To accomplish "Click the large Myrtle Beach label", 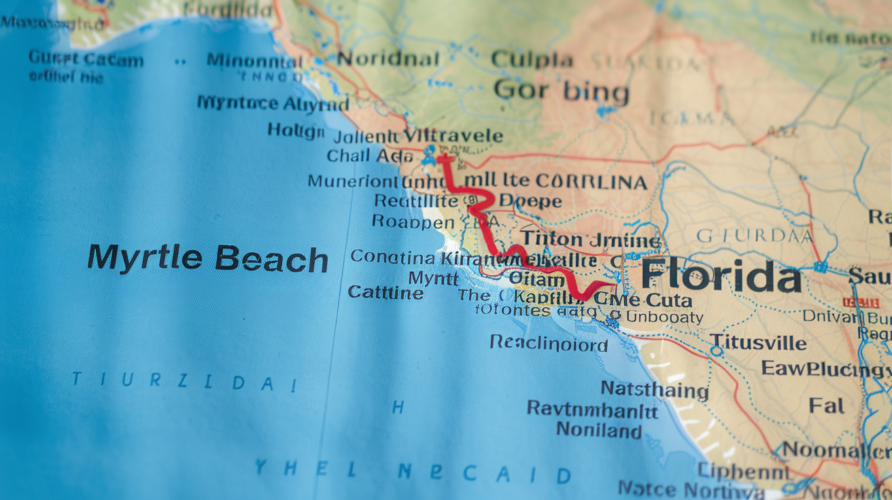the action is [x=207, y=259].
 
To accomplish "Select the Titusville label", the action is [x=757, y=343].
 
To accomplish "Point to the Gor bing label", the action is [x=561, y=90].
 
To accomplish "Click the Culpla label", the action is [x=532, y=60].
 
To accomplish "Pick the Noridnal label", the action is [x=388, y=59].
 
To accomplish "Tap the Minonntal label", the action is [x=255, y=60].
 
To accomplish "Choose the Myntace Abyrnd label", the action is [x=273, y=103].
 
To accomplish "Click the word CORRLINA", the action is [x=591, y=182].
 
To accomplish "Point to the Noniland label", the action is [x=598, y=430].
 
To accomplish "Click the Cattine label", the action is [x=385, y=292].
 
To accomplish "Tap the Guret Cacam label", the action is [x=86, y=59].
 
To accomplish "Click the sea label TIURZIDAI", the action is [x=184, y=381].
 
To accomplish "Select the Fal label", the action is [x=826, y=406].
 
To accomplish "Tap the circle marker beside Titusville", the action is [x=716, y=351].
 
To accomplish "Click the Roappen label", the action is [x=413, y=221].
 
